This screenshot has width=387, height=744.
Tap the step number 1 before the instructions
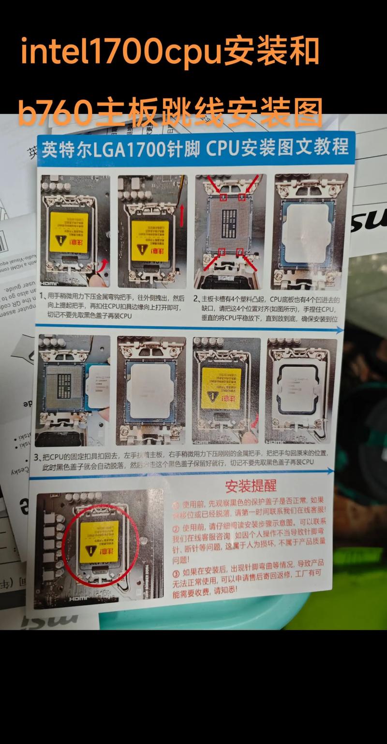(43, 297)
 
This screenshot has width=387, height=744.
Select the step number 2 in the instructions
(196, 298)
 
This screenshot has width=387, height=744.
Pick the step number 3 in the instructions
(36, 457)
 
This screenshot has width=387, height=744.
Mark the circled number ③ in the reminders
(176, 573)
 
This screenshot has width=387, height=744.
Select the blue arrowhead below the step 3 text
(330, 470)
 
